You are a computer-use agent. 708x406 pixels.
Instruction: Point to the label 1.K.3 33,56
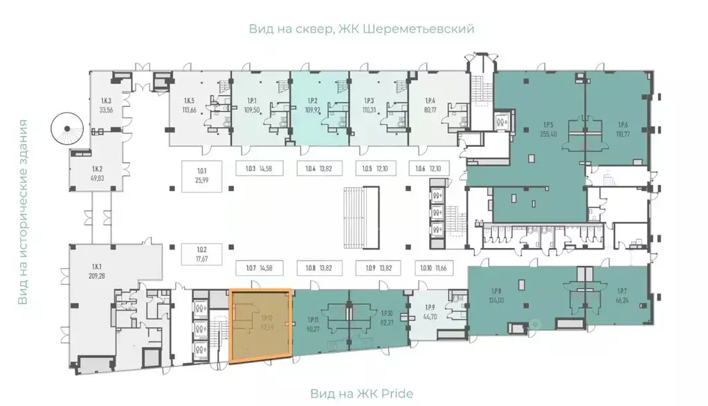click(106, 105)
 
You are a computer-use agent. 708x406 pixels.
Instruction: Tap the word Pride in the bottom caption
click(397, 394)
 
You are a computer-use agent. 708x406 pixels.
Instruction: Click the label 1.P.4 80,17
click(430, 105)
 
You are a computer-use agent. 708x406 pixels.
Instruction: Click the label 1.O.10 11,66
click(433, 267)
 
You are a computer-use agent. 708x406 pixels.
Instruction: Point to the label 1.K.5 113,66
click(187, 105)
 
